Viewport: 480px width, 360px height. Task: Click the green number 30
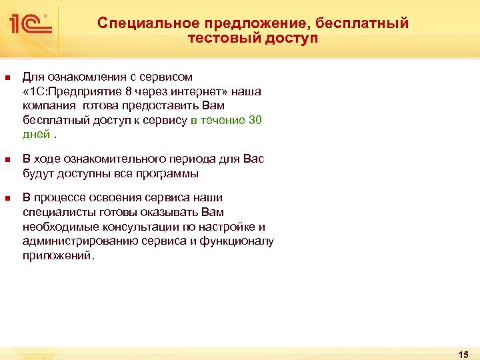(255, 121)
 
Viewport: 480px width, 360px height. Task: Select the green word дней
(36, 135)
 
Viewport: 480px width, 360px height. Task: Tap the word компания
(49, 106)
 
